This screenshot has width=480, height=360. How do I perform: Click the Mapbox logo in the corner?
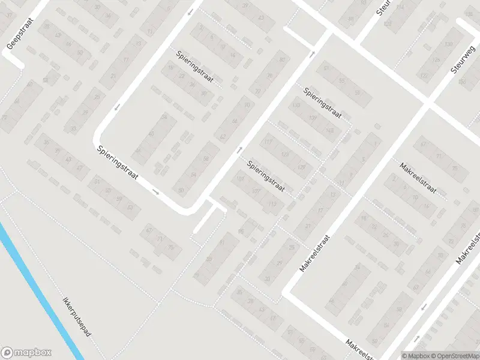[26, 353]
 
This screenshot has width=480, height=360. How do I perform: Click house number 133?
[297, 106]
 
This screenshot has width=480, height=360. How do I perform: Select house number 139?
[313, 118]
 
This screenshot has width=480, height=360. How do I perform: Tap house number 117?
[268, 142]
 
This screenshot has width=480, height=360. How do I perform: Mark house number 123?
[284, 155]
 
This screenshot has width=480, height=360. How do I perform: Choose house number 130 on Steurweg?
[448, 45]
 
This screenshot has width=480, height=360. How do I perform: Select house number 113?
[274, 205]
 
